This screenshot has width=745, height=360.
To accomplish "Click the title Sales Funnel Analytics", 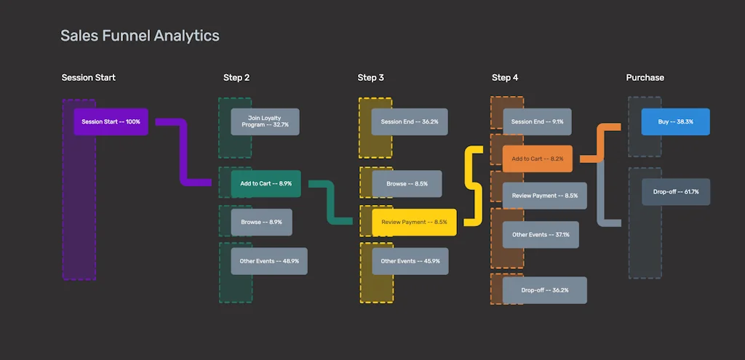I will pos(140,36).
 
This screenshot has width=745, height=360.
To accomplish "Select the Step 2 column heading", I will pos(236,78).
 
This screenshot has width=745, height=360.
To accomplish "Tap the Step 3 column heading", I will pos(370,78).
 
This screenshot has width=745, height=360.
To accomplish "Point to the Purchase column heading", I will pos(645,78).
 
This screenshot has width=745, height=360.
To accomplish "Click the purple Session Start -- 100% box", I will pos(111,121).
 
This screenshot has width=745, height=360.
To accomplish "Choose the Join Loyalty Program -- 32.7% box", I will pos(265,121).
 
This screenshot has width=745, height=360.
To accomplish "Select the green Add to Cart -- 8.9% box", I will pos(266,184).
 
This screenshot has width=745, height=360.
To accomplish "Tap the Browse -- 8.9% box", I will pos(261,222).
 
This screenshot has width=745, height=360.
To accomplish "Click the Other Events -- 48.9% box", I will pos(269,260).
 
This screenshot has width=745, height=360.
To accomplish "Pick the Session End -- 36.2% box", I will pos(410,121).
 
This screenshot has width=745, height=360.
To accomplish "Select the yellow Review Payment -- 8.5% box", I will pos(414,222).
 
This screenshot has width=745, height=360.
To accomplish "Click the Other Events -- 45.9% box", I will pos(410,260).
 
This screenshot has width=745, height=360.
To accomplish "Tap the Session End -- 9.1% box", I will pos(537,121).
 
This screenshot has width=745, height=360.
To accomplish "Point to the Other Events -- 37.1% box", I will pos(541,235).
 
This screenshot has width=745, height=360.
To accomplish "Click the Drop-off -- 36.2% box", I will pos(544,289).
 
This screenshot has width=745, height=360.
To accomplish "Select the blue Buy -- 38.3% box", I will pos(675,121).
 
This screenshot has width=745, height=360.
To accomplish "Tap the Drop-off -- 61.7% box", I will pos(676,192).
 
